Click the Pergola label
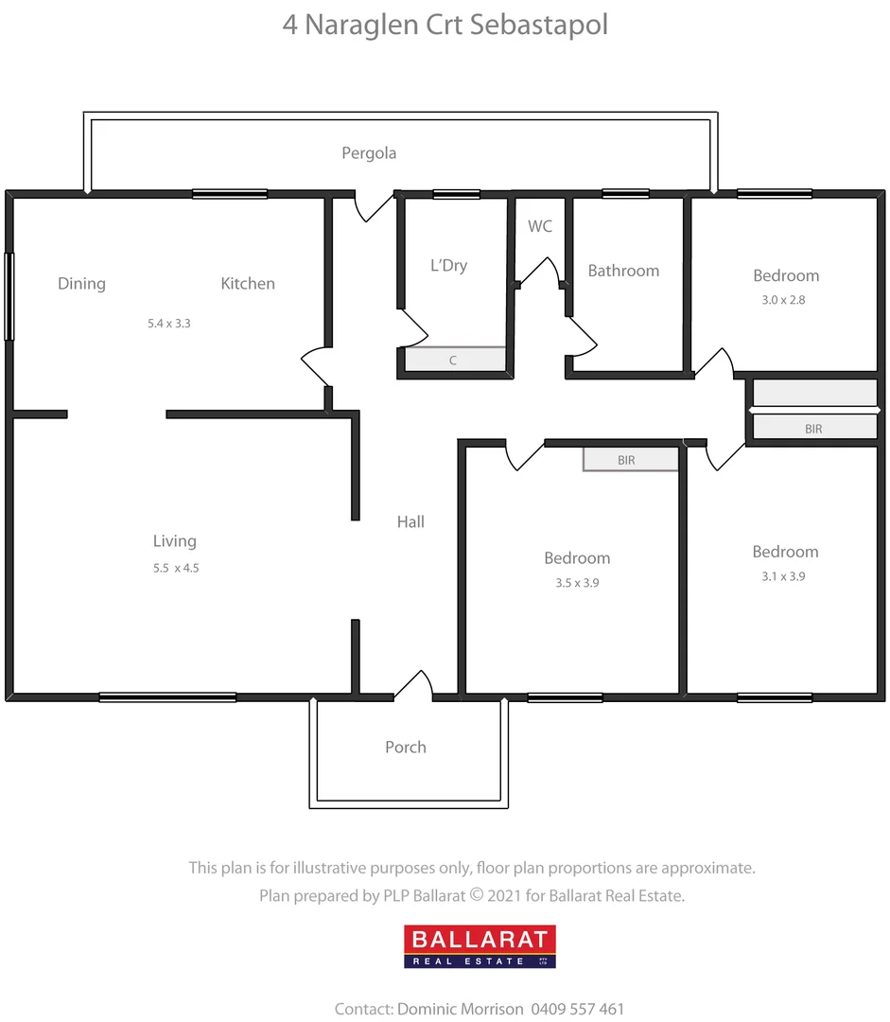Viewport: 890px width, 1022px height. (369, 152)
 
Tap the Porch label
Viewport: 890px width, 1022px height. (405, 747)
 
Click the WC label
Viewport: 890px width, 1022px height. (539, 226)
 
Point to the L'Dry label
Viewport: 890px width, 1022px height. (448, 266)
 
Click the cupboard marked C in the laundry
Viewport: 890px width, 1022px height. (453, 361)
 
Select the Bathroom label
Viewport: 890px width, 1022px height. (623, 271)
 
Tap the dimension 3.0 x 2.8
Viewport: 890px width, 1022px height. (785, 300)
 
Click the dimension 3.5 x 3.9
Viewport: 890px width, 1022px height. (577, 583)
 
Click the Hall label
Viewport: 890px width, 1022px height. (410, 521)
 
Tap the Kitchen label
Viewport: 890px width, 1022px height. (248, 283)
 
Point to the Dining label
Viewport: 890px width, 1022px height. (81, 283)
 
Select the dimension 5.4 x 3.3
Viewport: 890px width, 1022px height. (169, 323)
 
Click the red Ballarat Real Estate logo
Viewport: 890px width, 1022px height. (480, 946)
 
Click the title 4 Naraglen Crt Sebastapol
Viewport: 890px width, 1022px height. (445, 24)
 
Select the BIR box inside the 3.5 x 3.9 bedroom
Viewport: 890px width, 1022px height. (630, 460)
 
